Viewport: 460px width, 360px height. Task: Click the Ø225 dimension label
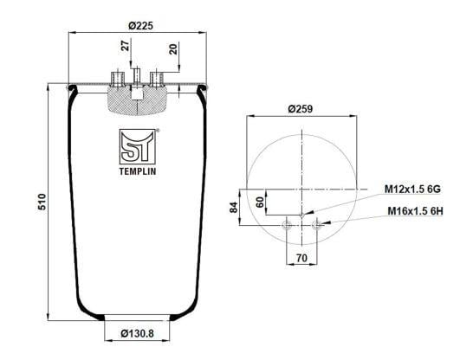(x=140, y=26)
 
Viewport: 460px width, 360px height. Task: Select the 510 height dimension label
(x=42, y=202)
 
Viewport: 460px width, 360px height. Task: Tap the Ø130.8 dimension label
(x=137, y=333)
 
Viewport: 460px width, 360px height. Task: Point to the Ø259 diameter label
(x=301, y=109)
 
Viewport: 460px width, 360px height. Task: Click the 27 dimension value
(x=126, y=46)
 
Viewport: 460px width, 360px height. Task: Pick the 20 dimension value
(x=173, y=49)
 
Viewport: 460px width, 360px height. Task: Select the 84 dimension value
(x=234, y=208)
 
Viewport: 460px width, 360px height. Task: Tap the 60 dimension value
(x=260, y=202)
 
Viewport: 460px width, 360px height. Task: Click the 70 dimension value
(x=301, y=258)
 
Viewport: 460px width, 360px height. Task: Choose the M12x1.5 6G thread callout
(x=412, y=190)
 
